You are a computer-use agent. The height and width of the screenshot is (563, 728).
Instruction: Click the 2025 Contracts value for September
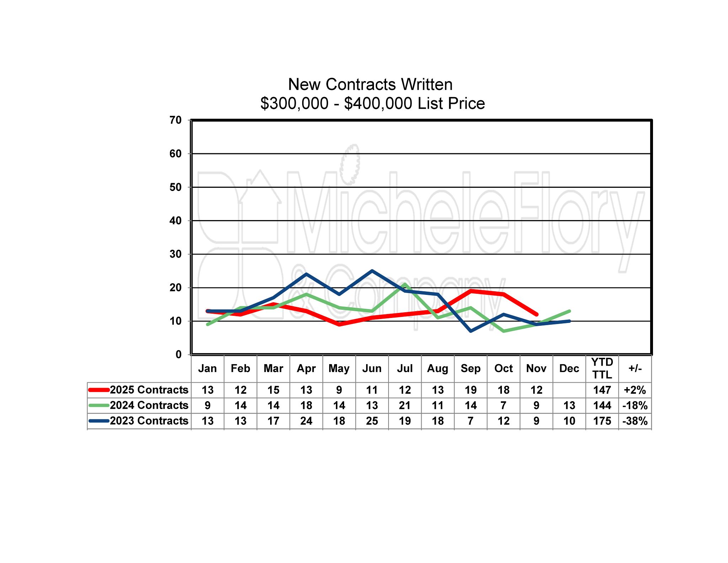471,390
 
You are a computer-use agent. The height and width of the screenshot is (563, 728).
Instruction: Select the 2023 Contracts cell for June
372,421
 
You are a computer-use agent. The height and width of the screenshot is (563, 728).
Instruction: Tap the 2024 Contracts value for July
405,405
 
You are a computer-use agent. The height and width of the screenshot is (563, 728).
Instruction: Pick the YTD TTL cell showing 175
602,421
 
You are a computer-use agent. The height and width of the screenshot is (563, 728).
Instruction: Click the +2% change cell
635,390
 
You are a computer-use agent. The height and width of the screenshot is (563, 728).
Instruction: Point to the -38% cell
635,421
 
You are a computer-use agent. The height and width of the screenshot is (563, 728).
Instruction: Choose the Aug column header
438,368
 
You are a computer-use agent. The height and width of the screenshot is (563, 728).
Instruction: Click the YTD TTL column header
602,368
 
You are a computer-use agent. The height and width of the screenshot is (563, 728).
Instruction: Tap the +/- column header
635,368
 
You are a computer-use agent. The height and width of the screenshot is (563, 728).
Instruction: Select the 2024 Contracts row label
149,405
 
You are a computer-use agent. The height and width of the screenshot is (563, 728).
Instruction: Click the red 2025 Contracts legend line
99,390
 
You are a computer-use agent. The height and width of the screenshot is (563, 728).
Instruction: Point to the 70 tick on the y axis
176,120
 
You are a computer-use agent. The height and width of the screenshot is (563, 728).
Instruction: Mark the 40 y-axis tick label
176,221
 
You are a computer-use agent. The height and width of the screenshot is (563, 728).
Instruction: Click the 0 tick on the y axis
178,355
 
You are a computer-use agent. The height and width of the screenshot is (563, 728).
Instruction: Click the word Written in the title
427,85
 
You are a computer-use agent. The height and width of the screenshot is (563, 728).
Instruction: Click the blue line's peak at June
372,271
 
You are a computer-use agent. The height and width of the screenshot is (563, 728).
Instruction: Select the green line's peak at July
405,284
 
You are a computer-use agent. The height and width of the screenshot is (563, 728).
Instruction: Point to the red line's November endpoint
537,314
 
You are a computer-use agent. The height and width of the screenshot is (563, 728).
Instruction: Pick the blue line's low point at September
471,331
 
